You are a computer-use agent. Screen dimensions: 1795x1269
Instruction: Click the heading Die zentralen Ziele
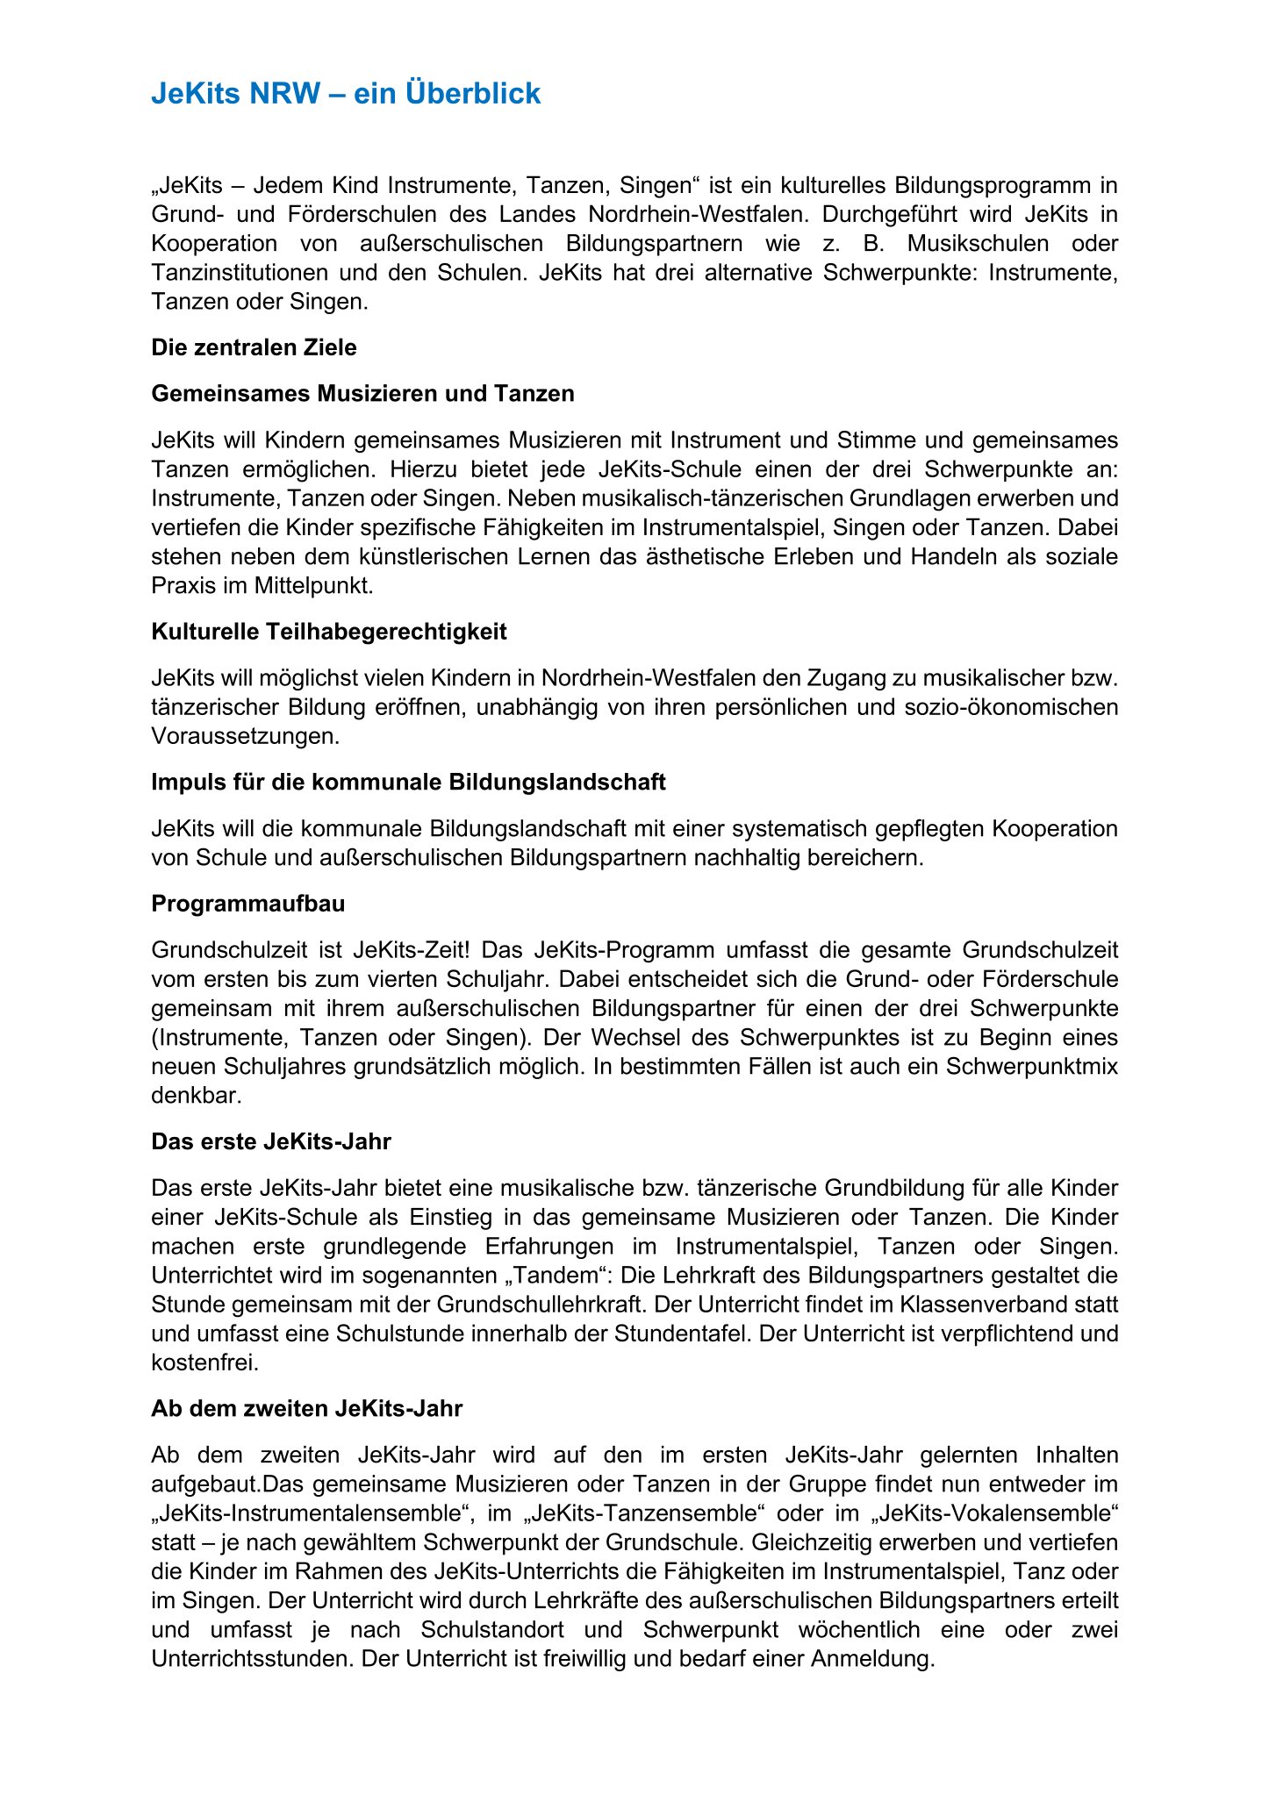pos(254,347)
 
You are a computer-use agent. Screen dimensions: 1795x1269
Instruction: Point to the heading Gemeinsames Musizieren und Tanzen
pos(362,393)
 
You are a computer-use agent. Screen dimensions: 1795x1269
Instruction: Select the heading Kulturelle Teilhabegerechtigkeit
pos(329,632)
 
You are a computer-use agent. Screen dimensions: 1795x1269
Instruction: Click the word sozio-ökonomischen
pos(1011,707)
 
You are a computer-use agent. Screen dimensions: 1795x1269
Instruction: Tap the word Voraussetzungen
pos(245,736)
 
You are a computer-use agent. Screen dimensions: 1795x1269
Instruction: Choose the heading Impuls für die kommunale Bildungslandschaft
pos(408,782)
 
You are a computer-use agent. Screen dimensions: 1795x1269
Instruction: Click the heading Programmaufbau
pos(248,904)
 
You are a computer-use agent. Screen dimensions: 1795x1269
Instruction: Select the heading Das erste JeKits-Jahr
pos(271,1141)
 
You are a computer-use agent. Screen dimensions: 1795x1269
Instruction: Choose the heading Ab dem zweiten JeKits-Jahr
pos(306,1408)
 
